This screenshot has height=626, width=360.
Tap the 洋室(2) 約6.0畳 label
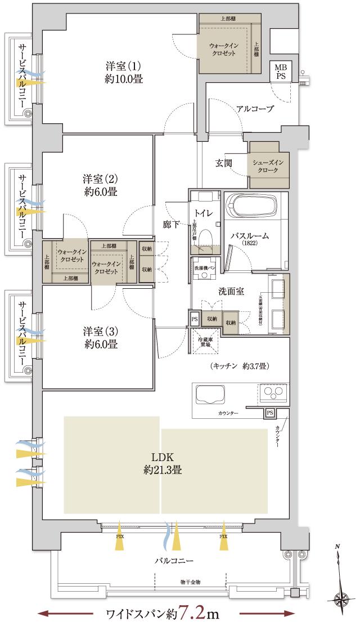click(100, 185)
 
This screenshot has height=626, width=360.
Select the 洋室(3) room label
click(100, 336)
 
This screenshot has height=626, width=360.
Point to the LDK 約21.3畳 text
click(163, 463)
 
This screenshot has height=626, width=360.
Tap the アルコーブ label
click(255, 109)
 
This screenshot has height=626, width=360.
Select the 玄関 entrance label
click(224, 163)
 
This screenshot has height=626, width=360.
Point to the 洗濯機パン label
click(205, 268)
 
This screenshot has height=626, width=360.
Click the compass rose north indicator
click(340, 597)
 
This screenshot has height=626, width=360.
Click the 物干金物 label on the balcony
click(190, 581)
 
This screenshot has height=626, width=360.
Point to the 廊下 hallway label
click(171, 225)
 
